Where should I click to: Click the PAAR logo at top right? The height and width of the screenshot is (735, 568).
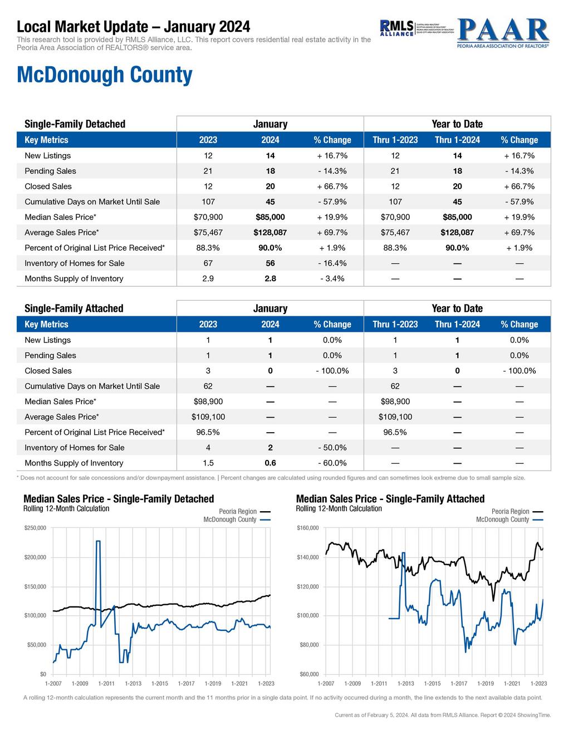tap(502, 33)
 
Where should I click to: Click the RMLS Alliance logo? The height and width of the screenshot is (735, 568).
tap(396, 28)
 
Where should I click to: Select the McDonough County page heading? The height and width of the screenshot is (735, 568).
tap(105, 75)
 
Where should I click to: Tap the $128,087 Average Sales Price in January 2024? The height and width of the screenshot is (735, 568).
tap(270, 232)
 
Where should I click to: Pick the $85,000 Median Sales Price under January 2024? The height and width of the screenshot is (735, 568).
tap(270, 217)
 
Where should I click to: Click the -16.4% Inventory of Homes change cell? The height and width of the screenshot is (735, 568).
tap(332, 263)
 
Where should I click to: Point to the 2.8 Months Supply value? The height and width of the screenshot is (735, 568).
tap(270, 278)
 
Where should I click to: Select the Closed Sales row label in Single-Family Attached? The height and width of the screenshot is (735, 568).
tap(48, 371)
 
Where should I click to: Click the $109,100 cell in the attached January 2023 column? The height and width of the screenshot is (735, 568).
tap(208, 417)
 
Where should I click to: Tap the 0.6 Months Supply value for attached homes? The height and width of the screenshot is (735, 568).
tap(270, 463)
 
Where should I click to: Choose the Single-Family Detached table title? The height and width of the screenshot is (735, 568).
tap(75, 124)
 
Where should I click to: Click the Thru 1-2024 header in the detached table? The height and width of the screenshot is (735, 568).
tap(457, 140)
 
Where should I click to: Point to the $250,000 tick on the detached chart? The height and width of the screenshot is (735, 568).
tap(35, 528)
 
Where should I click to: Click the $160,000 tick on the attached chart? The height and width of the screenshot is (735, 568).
tap(309, 528)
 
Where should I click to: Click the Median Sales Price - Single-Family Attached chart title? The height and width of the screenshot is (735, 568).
tap(390, 499)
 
